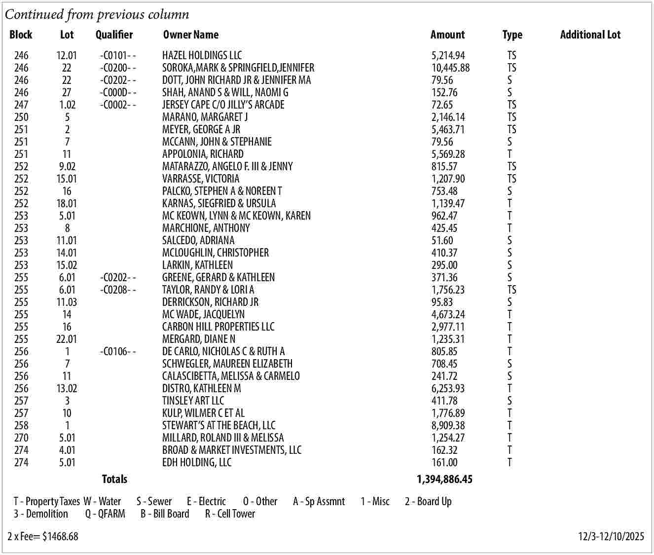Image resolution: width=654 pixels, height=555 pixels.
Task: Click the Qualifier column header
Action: click(114, 35)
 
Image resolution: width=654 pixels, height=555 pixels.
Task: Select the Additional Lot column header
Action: click(590, 35)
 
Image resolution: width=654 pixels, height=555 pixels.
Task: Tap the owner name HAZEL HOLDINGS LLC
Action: click(202, 55)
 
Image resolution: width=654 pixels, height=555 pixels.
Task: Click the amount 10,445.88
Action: click(450, 68)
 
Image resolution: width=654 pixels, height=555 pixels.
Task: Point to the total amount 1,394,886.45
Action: click(444, 479)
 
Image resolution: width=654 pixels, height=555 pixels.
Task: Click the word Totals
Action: click(114, 479)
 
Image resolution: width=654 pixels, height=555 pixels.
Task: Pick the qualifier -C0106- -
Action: click(117, 351)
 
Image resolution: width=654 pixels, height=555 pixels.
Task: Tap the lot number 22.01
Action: click(67, 339)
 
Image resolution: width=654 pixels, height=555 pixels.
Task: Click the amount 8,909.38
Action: click(448, 425)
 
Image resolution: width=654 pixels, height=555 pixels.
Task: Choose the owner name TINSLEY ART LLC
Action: click(193, 401)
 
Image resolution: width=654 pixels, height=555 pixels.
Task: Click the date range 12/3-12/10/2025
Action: click(611, 536)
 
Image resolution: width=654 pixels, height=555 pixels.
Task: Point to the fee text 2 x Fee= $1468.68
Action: click(43, 536)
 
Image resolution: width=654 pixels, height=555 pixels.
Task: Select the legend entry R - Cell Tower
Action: click(230, 514)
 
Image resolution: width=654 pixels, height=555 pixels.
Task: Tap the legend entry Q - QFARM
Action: click(105, 514)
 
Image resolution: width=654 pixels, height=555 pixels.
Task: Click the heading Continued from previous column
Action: click(97, 14)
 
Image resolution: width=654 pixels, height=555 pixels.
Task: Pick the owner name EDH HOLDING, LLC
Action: click(196, 462)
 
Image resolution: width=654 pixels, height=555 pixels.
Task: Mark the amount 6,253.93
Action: click(448, 388)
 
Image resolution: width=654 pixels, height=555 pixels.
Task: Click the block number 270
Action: click(21, 438)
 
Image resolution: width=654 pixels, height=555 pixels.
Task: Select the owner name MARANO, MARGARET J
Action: click(205, 117)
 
